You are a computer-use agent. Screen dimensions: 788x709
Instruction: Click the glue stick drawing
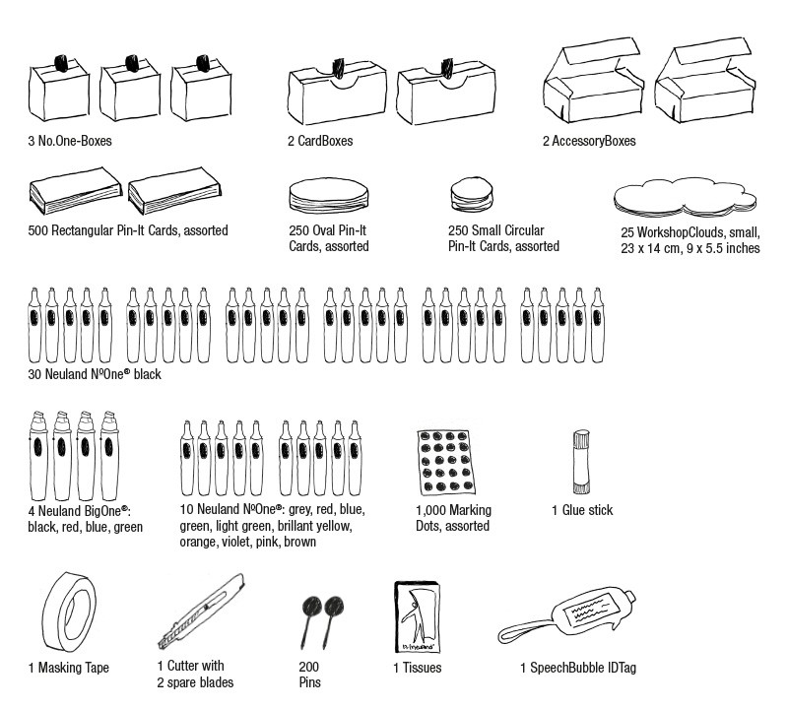tap(581, 462)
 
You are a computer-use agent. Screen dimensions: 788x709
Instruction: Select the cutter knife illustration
tap(202, 611)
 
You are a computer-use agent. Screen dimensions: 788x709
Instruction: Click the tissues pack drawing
tap(417, 617)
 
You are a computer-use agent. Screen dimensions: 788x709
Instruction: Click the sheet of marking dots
tap(446, 462)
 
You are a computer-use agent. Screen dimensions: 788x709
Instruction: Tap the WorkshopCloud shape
tap(685, 198)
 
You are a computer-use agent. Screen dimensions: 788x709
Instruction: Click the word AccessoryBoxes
tap(594, 141)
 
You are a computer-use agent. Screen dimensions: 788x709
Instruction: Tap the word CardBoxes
tap(325, 141)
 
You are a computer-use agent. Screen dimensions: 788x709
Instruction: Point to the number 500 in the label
tap(37, 230)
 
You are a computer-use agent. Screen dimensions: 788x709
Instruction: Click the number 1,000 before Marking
tap(430, 510)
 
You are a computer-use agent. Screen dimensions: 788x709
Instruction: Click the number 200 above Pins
tap(308, 667)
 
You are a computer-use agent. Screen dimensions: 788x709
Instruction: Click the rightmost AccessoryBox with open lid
tap(704, 81)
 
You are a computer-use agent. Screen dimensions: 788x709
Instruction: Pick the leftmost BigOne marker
tap(38, 455)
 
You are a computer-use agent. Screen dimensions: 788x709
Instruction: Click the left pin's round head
tap(311, 607)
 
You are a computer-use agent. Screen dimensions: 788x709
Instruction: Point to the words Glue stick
tap(587, 510)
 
